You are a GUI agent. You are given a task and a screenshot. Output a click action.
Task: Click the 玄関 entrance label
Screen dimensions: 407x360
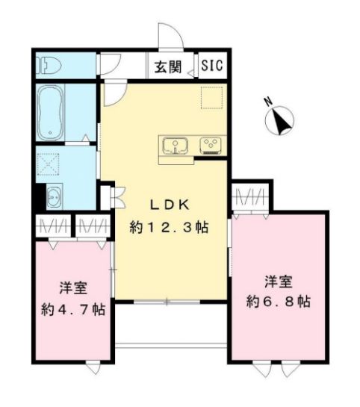(x=168, y=66)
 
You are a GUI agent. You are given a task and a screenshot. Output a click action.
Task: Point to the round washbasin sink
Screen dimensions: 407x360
(x=53, y=198)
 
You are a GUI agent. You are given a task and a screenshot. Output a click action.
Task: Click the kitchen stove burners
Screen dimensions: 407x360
(x=208, y=145)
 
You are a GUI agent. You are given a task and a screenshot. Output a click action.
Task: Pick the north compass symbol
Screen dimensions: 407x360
(x=282, y=120)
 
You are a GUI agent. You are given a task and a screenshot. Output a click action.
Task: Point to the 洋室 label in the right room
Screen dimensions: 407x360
(x=278, y=282)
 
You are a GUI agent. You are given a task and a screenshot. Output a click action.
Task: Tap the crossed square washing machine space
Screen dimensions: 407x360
(x=50, y=164)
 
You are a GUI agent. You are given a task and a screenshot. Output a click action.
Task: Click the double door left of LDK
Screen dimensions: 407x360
(x=115, y=199)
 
